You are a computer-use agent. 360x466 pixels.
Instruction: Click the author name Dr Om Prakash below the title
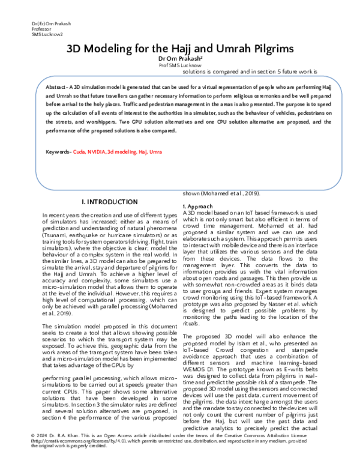179,59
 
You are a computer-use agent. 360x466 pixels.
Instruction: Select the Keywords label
58,152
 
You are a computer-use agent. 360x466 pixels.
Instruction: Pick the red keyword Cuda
79,152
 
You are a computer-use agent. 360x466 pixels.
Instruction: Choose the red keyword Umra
155,152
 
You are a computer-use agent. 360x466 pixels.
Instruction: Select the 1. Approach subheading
197,206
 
